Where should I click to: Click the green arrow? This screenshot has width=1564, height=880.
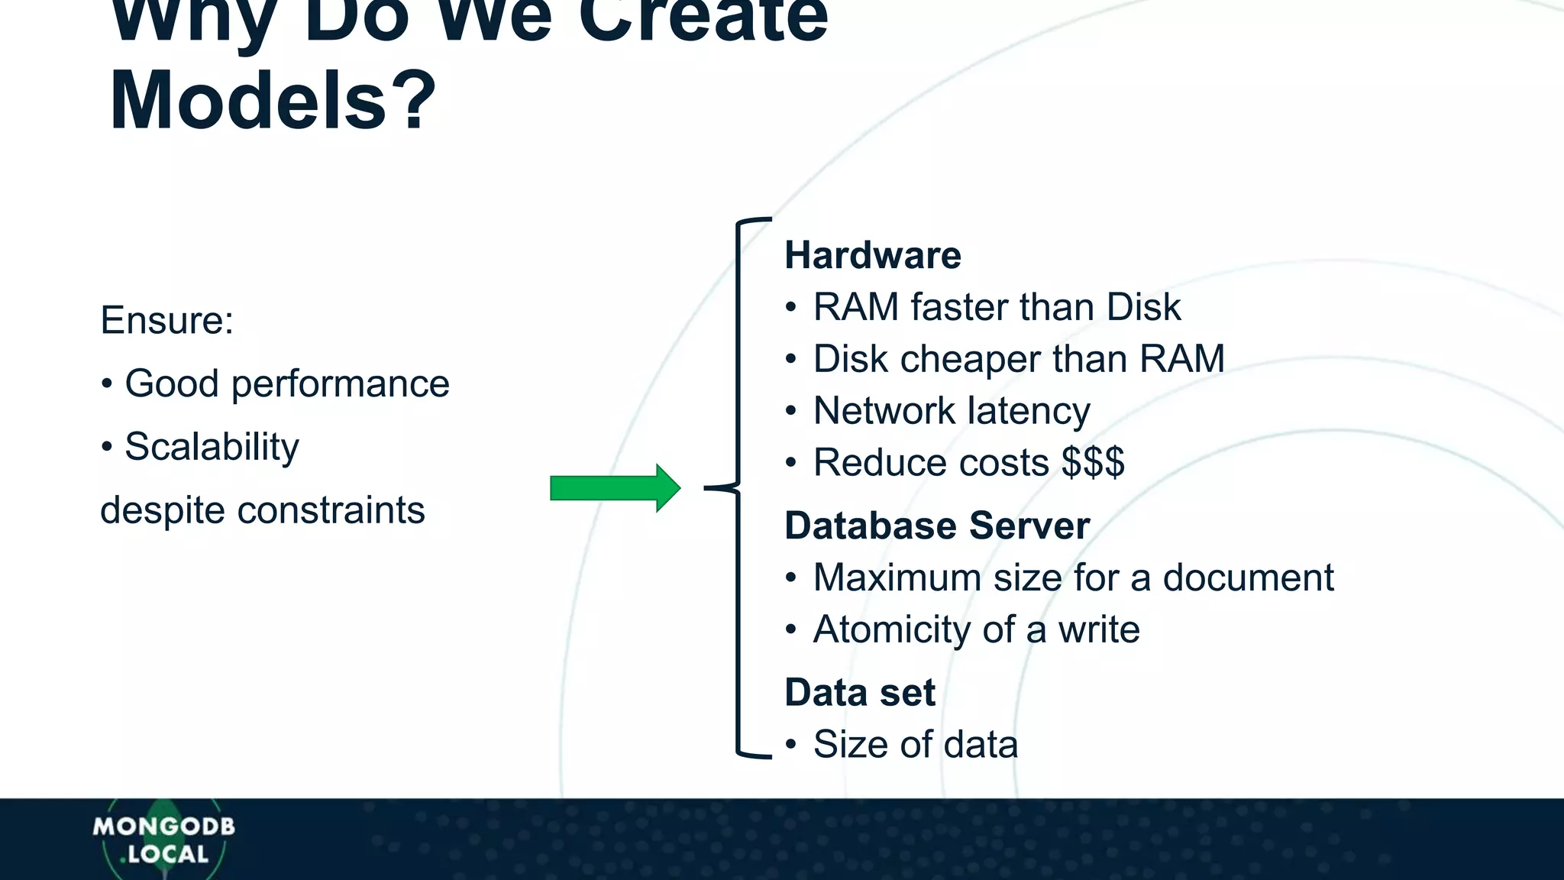tap(615, 488)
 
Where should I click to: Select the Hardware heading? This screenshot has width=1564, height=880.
tap(872, 255)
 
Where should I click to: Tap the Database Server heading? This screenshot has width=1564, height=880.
tap(936, 526)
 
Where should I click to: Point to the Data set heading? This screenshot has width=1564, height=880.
tap(859, 693)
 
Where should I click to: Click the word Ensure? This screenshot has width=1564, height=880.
tap(166, 320)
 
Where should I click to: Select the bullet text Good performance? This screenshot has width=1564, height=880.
tap(286, 383)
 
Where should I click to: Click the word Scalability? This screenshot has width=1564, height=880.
tap(212, 447)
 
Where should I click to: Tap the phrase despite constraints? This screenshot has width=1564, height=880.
tap(262, 510)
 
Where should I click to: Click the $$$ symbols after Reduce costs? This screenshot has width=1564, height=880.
tap(1093, 462)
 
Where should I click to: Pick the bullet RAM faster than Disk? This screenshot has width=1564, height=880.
tap(996, 307)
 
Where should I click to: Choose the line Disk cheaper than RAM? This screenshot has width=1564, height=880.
tap(1018, 359)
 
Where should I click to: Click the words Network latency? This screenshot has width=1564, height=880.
tap(951, 411)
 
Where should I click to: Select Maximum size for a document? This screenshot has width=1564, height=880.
tap(1073, 577)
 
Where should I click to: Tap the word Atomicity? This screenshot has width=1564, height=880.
tap(891, 630)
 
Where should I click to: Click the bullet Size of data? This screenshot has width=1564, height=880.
tap(915, 745)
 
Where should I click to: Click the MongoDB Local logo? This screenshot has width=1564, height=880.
tap(163, 840)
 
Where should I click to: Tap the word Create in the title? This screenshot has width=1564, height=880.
tap(703, 19)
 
